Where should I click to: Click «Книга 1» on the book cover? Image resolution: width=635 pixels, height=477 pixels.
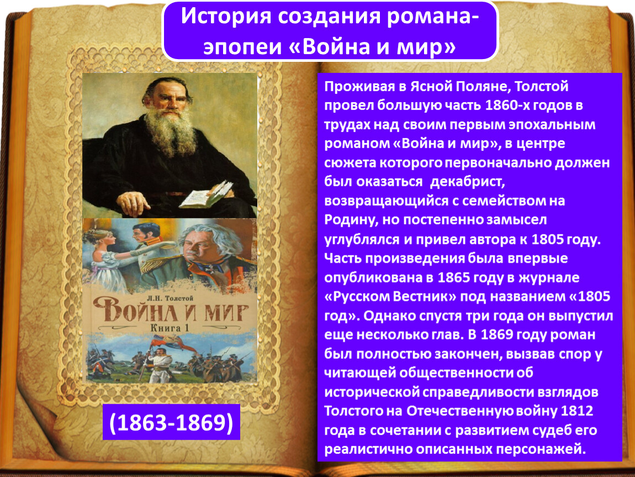point(170,327)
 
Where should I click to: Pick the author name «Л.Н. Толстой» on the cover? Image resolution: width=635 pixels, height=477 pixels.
point(170,299)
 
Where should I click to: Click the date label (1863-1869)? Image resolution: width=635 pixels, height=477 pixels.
point(171,422)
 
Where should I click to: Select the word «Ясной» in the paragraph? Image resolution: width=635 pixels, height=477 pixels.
point(431,86)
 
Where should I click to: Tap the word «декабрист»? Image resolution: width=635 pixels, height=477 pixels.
point(467,182)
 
